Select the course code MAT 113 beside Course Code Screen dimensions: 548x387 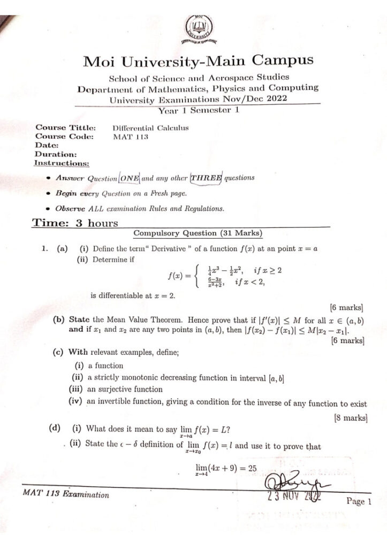point(131,136)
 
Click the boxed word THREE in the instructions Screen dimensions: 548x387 point(207,178)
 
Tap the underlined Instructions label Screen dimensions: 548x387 point(62,163)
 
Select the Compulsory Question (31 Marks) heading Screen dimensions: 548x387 point(198,233)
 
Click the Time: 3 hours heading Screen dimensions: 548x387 point(75,223)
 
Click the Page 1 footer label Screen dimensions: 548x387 point(359,501)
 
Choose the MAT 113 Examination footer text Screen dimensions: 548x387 point(66,495)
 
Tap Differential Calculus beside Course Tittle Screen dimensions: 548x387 point(150,128)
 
